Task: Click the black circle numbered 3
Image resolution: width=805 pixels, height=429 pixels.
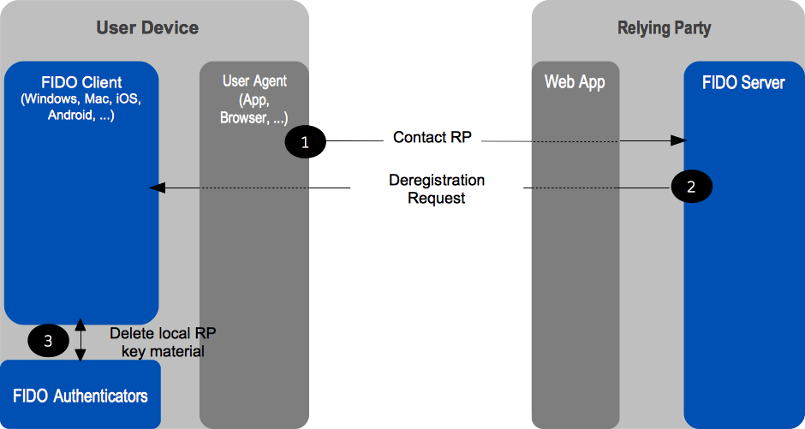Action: (x=48, y=341)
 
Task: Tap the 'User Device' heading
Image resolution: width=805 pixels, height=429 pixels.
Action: (x=147, y=27)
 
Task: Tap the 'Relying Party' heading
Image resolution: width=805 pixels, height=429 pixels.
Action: (x=664, y=28)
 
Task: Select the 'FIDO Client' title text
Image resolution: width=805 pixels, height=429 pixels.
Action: (x=81, y=83)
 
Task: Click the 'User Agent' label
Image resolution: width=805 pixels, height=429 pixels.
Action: (x=254, y=81)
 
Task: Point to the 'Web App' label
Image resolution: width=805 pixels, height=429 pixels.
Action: (x=575, y=82)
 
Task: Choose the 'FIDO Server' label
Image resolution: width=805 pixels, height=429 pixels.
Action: (x=742, y=83)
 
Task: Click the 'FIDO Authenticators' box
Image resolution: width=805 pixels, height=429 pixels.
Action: (x=80, y=395)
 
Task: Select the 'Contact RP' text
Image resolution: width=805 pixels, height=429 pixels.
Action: (x=432, y=137)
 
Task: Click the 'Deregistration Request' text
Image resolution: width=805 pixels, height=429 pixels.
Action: (x=437, y=189)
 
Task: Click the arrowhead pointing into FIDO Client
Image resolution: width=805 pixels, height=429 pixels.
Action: (x=155, y=188)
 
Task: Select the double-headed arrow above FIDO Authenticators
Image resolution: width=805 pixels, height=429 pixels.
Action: (x=80, y=340)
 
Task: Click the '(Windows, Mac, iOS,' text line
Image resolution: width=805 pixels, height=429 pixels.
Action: (x=80, y=99)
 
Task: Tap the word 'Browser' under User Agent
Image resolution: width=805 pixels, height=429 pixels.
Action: (x=243, y=118)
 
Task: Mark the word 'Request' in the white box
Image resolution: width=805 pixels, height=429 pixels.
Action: (x=437, y=198)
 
